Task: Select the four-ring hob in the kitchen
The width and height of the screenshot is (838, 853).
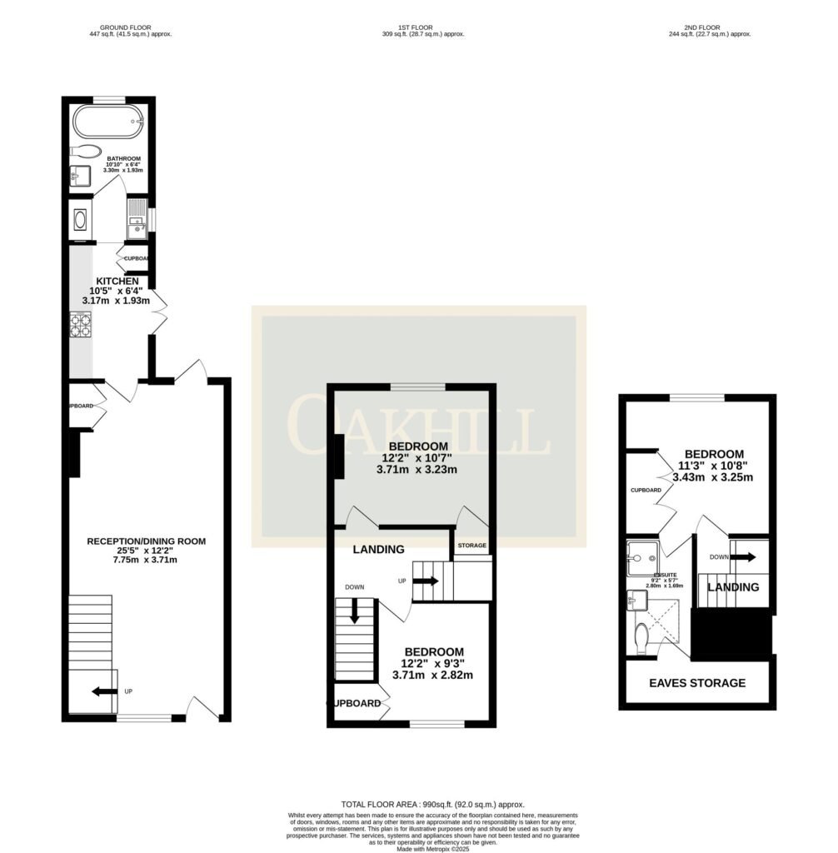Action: [x=81, y=323]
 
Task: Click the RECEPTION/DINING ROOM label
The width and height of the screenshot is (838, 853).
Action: [x=146, y=541]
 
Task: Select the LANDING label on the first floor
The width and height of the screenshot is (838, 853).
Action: [x=378, y=550]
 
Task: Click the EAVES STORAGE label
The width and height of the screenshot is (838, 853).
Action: [x=697, y=683]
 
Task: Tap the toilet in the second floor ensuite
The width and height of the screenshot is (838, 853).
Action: [x=640, y=639]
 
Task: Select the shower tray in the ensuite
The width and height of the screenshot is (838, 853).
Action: [x=642, y=551]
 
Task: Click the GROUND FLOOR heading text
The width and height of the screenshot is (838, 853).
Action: [x=130, y=27]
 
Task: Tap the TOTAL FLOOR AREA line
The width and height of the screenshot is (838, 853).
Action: [x=433, y=804]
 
